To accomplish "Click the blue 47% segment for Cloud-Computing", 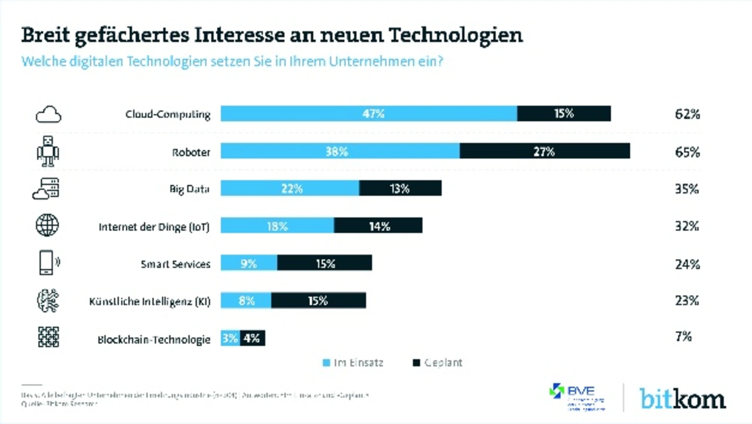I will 369,113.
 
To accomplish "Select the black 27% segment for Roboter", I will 545,151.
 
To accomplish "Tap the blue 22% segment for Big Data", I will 290,188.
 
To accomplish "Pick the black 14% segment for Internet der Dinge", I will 378,225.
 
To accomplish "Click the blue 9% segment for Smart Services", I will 249,263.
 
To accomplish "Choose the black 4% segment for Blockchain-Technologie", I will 253,338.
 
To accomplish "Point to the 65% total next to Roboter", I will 687,152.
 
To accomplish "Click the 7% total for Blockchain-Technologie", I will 684,337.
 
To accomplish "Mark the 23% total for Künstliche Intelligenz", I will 687,301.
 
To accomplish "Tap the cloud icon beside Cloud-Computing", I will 48,114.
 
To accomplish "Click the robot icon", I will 48,151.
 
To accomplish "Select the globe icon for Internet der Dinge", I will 48,225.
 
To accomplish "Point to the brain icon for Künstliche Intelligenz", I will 48,300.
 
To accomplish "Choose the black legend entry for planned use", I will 438,363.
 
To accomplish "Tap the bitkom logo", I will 682,398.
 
